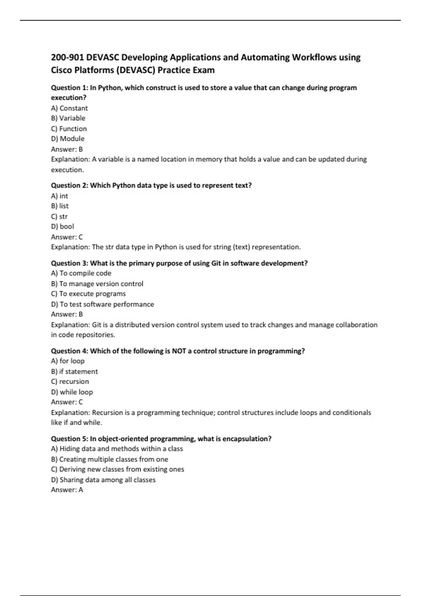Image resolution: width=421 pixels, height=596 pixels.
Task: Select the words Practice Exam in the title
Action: click(186, 70)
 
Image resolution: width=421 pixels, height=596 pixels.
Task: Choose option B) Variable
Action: click(68, 118)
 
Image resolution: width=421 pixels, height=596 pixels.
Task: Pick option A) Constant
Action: click(69, 108)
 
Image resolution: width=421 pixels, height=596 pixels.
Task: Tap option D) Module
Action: click(68, 138)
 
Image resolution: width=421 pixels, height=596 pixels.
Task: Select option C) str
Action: click(59, 216)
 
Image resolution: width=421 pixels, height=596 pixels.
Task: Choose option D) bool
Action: click(62, 226)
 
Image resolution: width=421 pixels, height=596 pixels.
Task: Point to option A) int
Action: click(60, 196)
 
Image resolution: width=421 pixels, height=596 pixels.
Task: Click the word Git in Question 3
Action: click(216, 263)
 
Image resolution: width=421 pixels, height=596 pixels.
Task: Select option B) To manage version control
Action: click(97, 284)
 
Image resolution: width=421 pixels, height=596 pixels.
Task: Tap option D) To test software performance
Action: click(102, 304)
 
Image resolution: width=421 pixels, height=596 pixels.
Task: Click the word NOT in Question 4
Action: click(179, 351)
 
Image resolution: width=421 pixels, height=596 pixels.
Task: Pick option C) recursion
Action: click(70, 381)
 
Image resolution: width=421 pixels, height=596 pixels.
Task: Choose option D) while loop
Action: click(72, 392)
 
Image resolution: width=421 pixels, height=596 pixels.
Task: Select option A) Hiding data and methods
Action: click(117, 449)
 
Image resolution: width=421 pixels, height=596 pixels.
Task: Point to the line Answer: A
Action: click(67, 490)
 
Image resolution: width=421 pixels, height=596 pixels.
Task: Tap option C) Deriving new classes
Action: click(118, 469)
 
